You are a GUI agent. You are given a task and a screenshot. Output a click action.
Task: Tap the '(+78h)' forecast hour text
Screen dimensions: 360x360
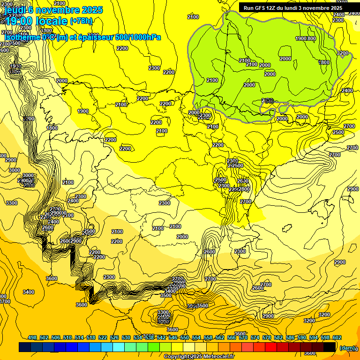(x=82, y=21)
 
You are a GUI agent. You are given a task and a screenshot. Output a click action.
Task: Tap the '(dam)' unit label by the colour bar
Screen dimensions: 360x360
(x=347, y=347)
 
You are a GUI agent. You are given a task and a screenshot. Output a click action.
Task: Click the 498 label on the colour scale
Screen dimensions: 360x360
(x=32, y=337)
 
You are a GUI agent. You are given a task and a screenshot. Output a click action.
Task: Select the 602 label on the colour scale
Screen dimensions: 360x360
(x=337, y=337)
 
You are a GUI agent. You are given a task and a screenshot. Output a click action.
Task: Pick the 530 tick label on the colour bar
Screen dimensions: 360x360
(x=126, y=337)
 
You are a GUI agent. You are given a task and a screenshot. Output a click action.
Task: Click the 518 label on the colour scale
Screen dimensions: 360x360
(x=91, y=337)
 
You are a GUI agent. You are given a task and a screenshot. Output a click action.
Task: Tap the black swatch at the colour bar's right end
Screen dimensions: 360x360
(x=330, y=347)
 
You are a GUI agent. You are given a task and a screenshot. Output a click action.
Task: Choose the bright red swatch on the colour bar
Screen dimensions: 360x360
(x=271, y=347)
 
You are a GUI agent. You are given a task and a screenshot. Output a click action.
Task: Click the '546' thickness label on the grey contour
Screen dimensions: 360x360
(x=269, y=101)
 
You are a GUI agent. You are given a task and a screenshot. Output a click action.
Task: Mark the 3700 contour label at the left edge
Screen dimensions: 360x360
(x=5, y=301)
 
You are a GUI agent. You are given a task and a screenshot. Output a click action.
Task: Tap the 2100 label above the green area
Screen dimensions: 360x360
(x=193, y=17)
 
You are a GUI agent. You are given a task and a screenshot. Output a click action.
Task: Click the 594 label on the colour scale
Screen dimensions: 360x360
(x=313, y=337)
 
